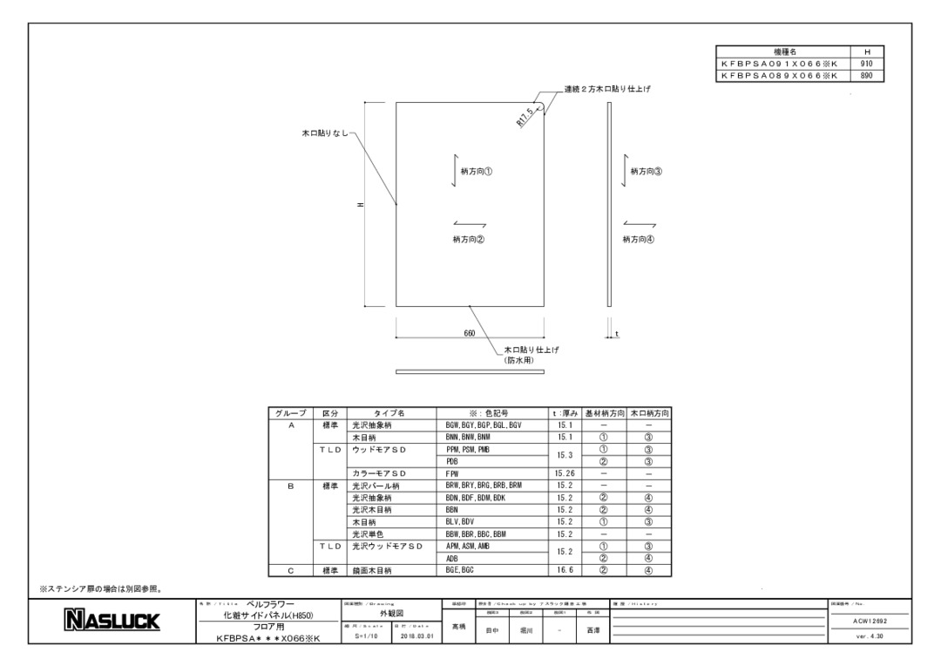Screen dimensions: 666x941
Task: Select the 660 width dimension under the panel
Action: (x=469, y=333)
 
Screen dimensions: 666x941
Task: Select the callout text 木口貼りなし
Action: (x=324, y=133)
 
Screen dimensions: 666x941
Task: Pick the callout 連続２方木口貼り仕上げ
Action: (x=607, y=90)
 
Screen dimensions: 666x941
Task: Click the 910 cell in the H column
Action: (x=866, y=64)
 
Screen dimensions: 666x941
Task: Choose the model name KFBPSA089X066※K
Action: (x=779, y=75)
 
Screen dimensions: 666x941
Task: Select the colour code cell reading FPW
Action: (x=452, y=472)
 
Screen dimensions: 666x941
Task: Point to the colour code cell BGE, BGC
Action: (x=458, y=571)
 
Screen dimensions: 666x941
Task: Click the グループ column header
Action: (x=291, y=412)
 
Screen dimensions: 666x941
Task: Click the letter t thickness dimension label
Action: (x=617, y=333)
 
